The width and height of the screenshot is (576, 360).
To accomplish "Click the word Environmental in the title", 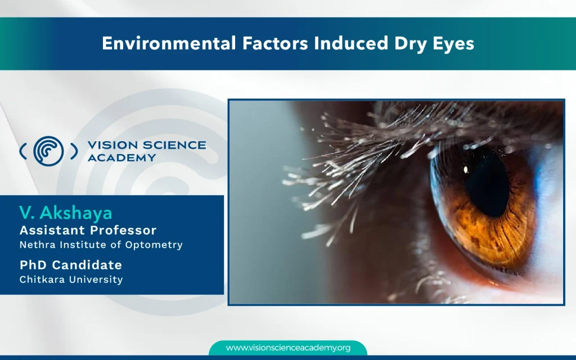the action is [x=169, y=43].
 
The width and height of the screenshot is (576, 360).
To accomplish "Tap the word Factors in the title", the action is [x=275, y=43].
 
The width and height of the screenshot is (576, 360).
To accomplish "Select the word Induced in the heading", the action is [x=351, y=43].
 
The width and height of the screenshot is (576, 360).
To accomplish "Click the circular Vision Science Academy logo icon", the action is [x=48, y=151].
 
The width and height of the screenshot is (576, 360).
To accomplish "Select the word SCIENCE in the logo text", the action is [x=177, y=145].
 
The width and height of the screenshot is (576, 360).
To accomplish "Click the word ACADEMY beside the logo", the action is [x=122, y=157].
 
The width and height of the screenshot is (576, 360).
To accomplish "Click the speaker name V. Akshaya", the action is [x=66, y=213].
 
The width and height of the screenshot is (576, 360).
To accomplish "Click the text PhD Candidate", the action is [x=71, y=265].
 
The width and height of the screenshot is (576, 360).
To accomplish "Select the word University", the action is [x=97, y=280].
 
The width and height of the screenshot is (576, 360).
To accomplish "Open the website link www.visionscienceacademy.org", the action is [x=289, y=348].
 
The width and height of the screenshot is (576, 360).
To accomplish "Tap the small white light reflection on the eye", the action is [x=466, y=170].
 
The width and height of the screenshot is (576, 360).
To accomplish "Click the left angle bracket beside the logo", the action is [x=22, y=151].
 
